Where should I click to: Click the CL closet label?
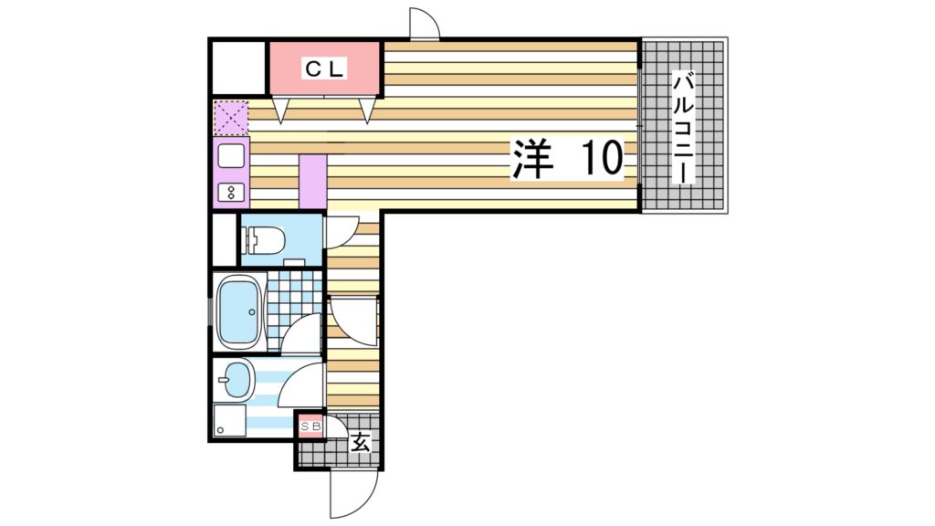(324, 68)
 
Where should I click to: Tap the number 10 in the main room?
(600, 159)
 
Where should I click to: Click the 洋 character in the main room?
(532, 159)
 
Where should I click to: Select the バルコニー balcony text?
(684, 128)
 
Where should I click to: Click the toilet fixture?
(264, 240)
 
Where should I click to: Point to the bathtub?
(239, 311)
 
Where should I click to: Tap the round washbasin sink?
(237, 379)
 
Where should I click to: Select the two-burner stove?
(231, 192)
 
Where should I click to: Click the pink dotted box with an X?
(231, 118)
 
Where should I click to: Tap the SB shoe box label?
(310, 426)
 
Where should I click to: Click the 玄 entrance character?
(360, 444)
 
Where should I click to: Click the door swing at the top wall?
(425, 23)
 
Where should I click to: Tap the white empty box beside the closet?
(237, 68)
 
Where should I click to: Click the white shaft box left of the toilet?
(224, 238)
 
